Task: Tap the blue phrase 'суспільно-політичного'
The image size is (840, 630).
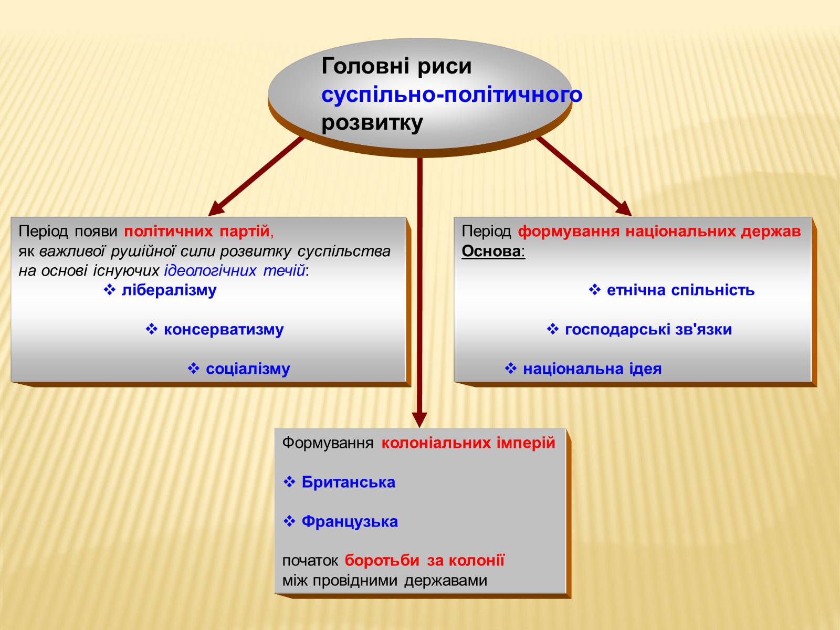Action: point(451,95)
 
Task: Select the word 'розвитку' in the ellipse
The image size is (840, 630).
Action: point(372,123)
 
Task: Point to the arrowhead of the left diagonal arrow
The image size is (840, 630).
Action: point(215,209)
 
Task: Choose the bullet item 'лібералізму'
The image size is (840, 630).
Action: point(169,290)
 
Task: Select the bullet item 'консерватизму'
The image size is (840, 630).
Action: point(223,330)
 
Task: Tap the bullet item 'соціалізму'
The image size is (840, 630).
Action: point(247,369)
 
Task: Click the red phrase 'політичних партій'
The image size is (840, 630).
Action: point(197,231)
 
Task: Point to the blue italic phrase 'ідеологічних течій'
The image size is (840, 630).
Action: point(235,271)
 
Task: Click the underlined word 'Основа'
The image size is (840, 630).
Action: point(491,251)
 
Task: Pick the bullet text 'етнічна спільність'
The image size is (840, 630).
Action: point(680,290)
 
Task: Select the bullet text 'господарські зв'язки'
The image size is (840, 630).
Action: point(648,330)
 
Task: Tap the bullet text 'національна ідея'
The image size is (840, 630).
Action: point(592,369)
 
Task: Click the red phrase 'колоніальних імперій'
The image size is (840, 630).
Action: point(468,443)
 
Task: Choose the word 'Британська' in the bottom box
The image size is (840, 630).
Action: point(348,482)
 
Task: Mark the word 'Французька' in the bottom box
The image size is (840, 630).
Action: point(350,522)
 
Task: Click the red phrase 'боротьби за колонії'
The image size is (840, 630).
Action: point(424,561)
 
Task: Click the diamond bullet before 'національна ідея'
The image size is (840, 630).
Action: point(511,369)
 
